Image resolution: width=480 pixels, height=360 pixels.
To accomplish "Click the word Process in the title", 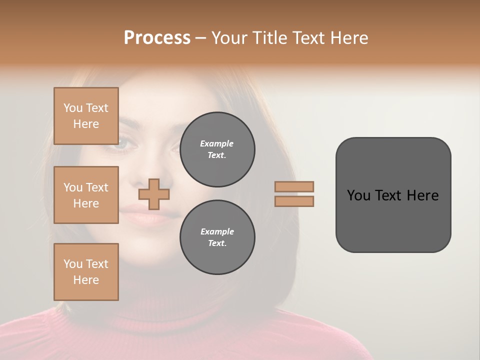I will click(157, 37).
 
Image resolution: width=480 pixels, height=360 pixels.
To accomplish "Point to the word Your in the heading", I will click(229, 37).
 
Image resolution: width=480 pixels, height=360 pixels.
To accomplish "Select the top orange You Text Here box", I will click(86, 116).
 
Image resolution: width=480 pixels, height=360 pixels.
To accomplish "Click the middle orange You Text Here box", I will click(86, 195).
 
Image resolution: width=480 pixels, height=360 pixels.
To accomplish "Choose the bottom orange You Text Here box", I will click(86, 271).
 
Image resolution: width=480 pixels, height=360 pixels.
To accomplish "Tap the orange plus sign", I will click(153, 194).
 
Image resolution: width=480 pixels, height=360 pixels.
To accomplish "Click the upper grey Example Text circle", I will click(217, 149).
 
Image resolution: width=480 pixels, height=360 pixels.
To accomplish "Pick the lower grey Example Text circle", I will click(217, 237).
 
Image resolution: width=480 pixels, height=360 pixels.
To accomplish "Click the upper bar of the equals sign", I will click(294, 186).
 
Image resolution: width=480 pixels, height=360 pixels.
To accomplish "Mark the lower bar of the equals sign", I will click(294, 201).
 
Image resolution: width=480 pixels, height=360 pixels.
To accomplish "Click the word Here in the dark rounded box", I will click(422, 195).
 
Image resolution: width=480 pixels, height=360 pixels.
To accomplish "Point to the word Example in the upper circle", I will click(217, 143).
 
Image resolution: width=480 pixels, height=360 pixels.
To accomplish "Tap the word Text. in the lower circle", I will click(217, 243).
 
